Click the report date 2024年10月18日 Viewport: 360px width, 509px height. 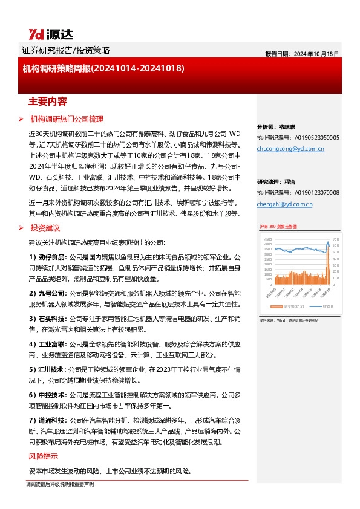[302, 54]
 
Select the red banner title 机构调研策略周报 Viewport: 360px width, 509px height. [103, 69]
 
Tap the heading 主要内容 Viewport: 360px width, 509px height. [47, 100]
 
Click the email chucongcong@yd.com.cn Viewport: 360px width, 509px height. [290, 148]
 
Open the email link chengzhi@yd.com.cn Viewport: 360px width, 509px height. [284, 204]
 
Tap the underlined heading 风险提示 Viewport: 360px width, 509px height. [44, 456]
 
